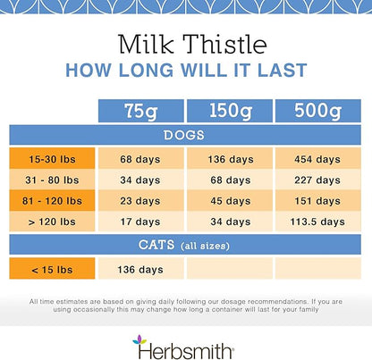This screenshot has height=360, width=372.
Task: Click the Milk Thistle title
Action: point(186,44)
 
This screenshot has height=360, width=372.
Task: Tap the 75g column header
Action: point(139,112)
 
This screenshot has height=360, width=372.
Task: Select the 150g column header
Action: point(228,112)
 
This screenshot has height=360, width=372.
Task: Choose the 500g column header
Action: point(317,112)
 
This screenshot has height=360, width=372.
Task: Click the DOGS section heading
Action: point(185,136)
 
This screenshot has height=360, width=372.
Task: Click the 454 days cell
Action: point(317,159)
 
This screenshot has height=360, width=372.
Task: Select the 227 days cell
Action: point(317,180)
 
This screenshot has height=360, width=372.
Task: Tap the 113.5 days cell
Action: point(317,221)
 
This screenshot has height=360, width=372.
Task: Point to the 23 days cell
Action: point(139,200)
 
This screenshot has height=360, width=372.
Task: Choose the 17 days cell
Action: point(139,221)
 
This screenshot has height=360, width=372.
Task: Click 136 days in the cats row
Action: point(139,267)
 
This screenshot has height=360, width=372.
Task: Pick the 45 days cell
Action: point(228,200)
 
